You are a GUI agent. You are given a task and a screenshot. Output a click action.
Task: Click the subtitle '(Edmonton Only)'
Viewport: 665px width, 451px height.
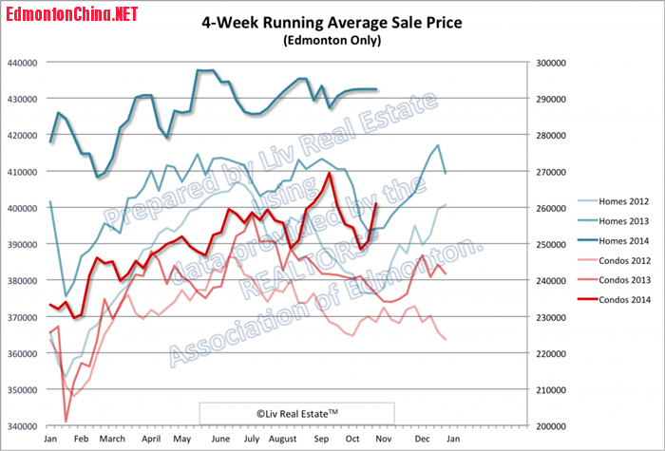pos(332,41)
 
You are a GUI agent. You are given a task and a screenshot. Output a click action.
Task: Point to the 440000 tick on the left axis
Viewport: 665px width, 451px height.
pos(21,63)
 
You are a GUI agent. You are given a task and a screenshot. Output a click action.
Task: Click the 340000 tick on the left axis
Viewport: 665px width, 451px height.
pos(21,426)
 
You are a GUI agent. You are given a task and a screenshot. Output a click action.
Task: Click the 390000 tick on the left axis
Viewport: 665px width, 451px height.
pos(21,244)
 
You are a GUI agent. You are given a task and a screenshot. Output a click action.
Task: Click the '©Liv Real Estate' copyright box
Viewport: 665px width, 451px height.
pos(295,413)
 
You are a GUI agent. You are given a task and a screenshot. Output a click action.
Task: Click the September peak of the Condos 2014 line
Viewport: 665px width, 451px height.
pos(330,173)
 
